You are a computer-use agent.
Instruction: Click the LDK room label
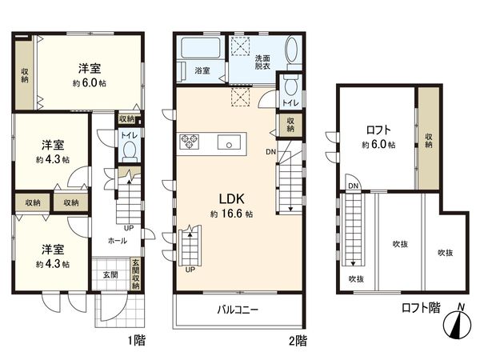pyautogui.click(x=231, y=198)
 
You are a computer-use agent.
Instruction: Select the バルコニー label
pyautogui.click(x=238, y=310)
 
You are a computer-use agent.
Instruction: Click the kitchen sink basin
pyautogui.click(x=229, y=142)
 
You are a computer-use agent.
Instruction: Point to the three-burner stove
pyautogui.click(x=189, y=142)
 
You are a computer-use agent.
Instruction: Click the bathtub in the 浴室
pyautogui.click(x=201, y=48)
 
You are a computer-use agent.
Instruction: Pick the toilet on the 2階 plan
pyautogui.click(x=290, y=85)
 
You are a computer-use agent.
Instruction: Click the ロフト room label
pyautogui.click(x=378, y=130)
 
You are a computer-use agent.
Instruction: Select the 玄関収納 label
pyautogui.click(x=136, y=274)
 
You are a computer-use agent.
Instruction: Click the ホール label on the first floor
pyautogui.click(x=118, y=241)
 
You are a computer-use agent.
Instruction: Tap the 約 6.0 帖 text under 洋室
pyautogui.click(x=90, y=83)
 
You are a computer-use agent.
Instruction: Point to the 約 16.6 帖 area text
pyautogui.click(x=231, y=214)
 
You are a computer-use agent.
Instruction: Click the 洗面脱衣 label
pyautogui.click(x=262, y=62)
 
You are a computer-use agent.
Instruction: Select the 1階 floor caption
pyautogui.click(x=137, y=341)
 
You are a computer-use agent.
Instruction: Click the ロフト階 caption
pyautogui.click(x=421, y=308)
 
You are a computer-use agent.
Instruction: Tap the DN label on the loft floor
pyautogui.click(x=353, y=186)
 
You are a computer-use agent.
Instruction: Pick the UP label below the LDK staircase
pyautogui.click(x=190, y=270)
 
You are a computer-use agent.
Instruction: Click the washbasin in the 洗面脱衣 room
pyautogui.click(x=292, y=50)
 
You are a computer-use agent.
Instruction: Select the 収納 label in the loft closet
pyautogui.click(x=429, y=141)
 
